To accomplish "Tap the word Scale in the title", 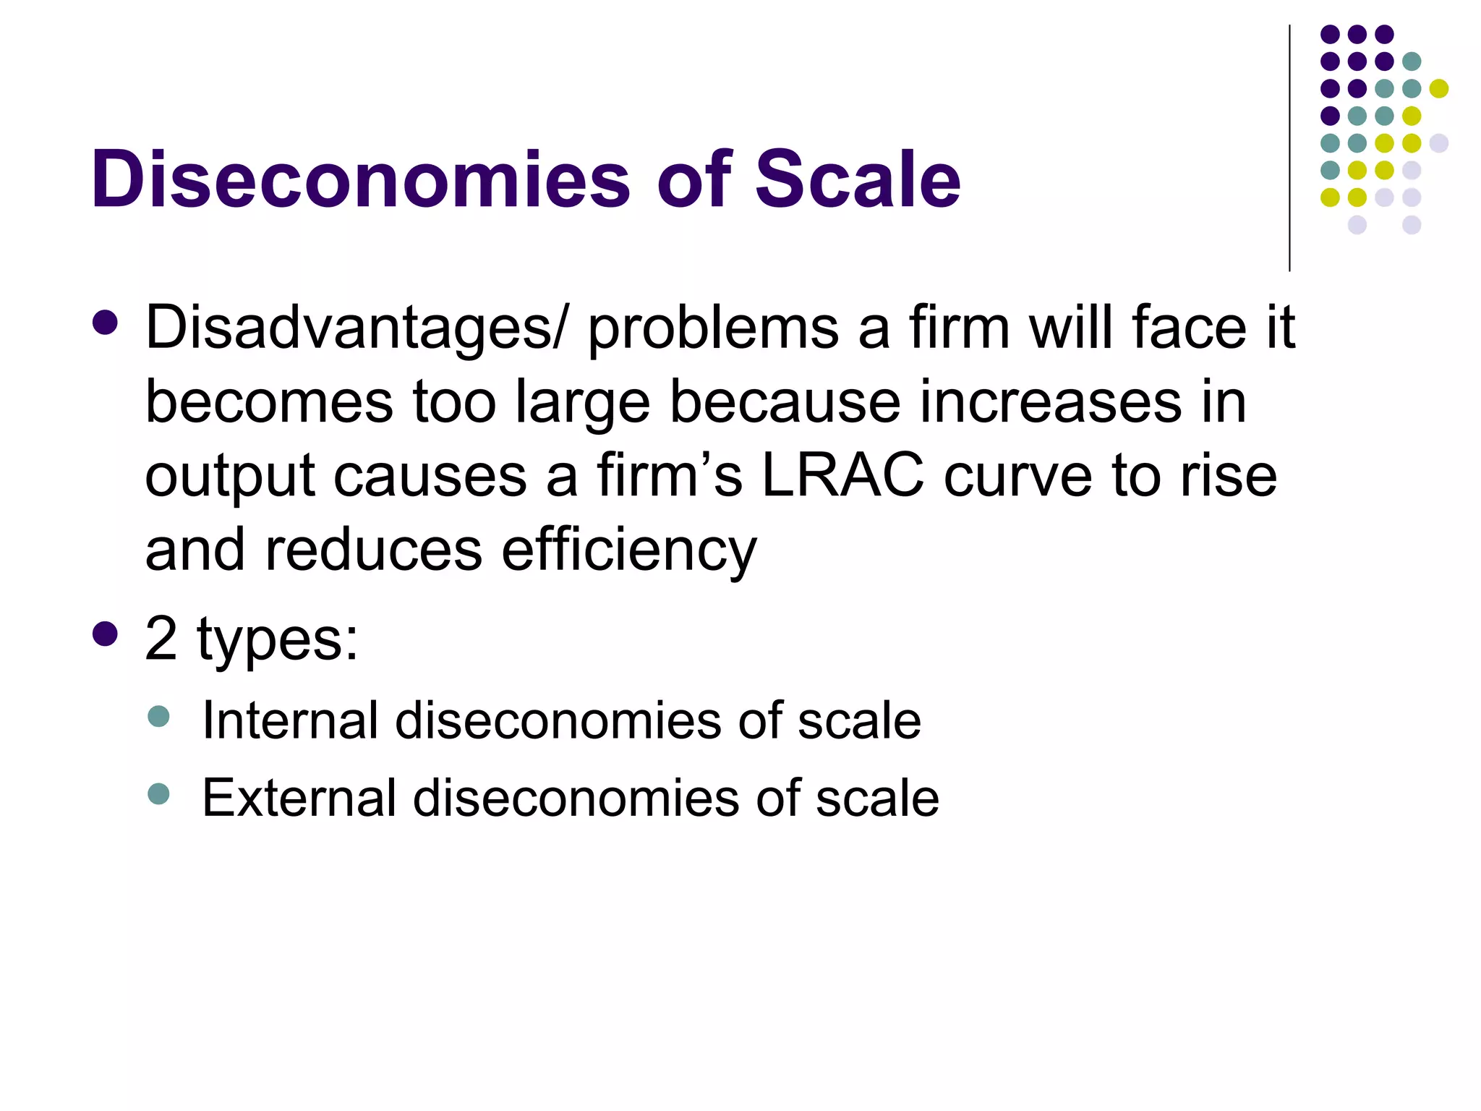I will click(x=858, y=179).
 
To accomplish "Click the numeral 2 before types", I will click(x=161, y=639).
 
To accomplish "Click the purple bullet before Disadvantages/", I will click(x=106, y=323).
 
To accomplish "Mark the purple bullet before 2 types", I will click(x=106, y=634).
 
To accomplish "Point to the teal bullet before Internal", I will click(x=158, y=717).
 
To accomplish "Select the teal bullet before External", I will click(x=158, y=794).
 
